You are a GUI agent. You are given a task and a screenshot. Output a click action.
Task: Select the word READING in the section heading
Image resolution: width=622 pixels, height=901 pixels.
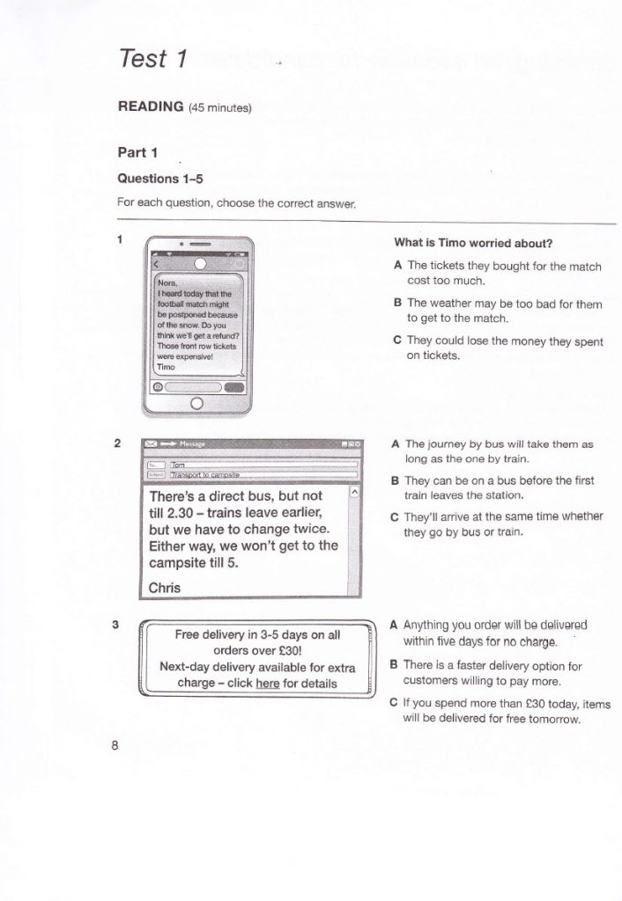point(150,106)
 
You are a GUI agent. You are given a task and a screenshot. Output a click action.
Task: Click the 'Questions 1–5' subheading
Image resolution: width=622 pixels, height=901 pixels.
point(160,178)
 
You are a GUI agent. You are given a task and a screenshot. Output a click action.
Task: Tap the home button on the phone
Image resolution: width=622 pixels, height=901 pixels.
point(196,403)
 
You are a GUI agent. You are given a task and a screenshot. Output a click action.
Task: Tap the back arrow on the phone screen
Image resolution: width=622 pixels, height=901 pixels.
point(155,264)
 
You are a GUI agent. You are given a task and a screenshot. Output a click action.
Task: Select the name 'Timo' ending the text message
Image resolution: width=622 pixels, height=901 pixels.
point(166,367)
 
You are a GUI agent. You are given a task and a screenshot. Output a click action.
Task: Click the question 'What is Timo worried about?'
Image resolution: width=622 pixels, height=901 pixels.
point(478,244)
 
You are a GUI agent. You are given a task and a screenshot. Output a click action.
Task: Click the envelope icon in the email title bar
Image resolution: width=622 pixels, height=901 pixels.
point(151,445)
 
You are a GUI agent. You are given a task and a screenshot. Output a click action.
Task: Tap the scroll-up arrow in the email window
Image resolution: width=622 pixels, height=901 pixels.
point(355,493)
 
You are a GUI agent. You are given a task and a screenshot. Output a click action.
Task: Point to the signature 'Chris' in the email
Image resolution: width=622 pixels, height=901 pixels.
point(165,587)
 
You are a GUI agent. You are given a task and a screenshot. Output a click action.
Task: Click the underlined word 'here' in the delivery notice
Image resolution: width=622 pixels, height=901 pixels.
point(267,683)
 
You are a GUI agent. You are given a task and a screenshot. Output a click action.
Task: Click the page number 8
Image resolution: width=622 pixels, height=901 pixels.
point(115,746)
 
